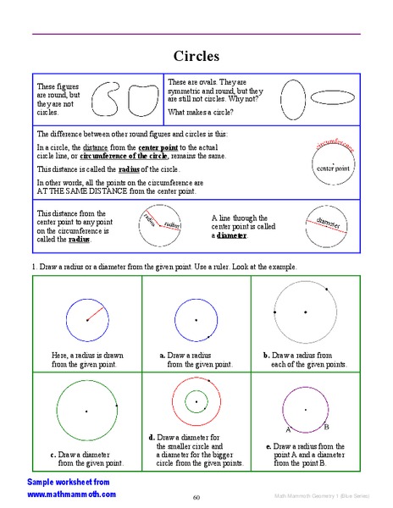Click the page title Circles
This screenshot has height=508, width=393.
click(196, 57)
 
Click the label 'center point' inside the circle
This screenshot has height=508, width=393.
click(333, 168)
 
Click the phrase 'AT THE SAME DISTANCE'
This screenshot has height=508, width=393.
click(74, 192)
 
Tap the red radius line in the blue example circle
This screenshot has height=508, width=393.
click(96, 313)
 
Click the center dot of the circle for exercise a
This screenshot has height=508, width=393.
click(196, 320)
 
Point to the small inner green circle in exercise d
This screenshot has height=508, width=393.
click(196, 400)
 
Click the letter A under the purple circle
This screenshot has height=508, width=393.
click(289, 429)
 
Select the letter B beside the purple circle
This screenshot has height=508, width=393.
click(327, 426)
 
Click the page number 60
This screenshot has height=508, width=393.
click(196, 497)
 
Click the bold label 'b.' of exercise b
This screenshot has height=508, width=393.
click(266, 355)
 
